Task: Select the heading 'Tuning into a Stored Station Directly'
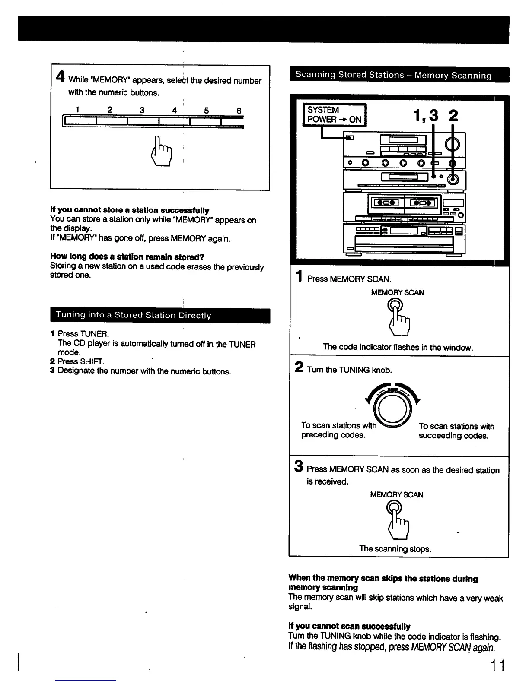tap(133, 315)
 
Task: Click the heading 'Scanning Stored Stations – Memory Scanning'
tap(393, 75)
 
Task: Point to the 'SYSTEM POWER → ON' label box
tap(335, 115)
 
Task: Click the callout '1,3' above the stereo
tap(425, 116)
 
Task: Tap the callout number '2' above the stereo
tap(453, 116)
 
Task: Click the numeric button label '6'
tap(239, 111)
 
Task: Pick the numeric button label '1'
tap(77, 110)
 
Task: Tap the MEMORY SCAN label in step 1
tap(397, 292)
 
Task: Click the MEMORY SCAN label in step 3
tap(396, 494)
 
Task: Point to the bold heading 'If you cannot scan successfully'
tap(349, 626)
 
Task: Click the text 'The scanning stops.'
tap(395, 549)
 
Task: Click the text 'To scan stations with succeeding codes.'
tap(456, 431)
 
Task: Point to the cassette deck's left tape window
tap(386, 203)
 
